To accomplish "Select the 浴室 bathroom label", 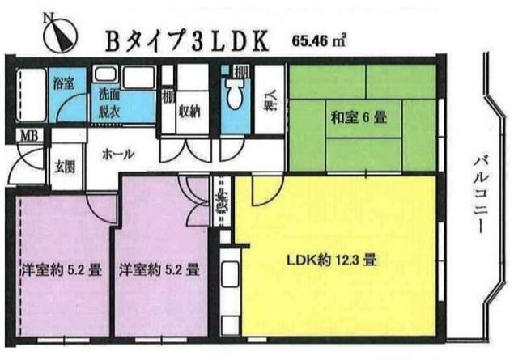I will [x=62, y=82].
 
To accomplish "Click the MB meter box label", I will [x=28, y=134].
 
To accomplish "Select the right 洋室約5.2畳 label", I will [x=159, y=269].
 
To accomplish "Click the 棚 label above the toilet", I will [x=240, y=74].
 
